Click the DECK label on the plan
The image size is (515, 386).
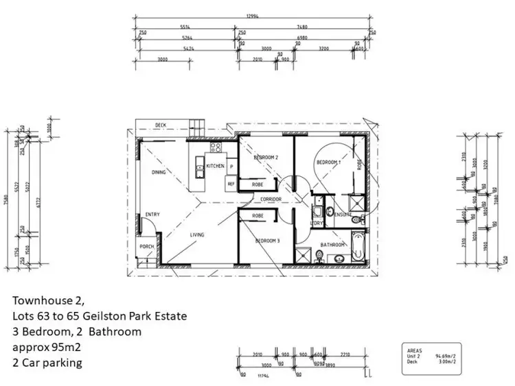tap(160, 125)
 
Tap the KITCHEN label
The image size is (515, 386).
tap(216, 166)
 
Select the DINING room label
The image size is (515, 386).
tap(159, 172)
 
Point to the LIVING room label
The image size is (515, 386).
tap(197, 235)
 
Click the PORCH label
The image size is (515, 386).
tap(146, 247)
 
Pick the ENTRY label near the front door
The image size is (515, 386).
tap(152, 215)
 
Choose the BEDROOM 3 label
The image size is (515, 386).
tap(267, 241)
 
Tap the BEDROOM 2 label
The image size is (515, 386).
tap(265, 158)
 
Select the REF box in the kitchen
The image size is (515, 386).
tap(231, 184)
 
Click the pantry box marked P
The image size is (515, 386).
tap(231, 167)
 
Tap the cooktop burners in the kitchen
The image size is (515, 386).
tap(215, 146)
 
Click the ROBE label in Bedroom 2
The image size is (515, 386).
tap(257, 184)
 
